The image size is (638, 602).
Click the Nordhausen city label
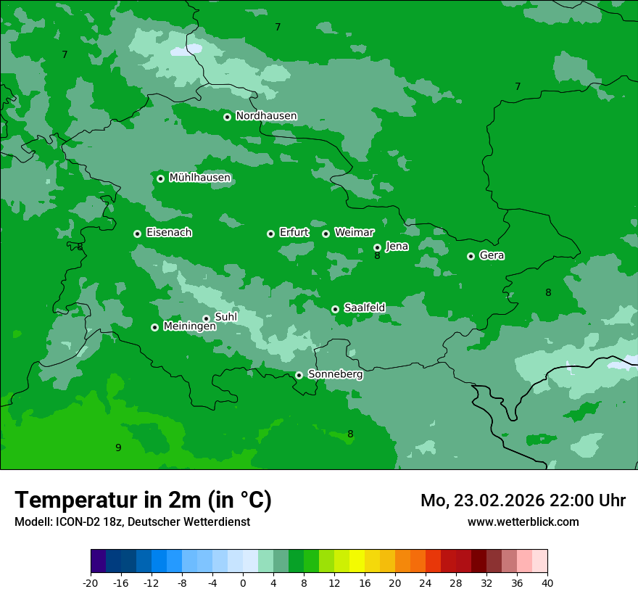click(266, 116)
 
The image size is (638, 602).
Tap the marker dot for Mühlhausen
click(160, 178)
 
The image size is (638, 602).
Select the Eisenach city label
click(169, 233)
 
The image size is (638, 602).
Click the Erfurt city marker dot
click(270, 234)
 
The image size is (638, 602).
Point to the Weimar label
click(354, 233)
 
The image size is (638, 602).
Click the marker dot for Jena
click(377, 247)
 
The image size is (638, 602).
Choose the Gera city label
click(492, 255)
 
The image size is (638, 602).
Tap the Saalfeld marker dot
click(335, 309)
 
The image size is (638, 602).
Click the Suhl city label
click(225, 317)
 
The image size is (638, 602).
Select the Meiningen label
click(189, 326)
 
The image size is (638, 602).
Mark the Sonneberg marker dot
click(299, 375)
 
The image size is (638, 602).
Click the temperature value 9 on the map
click(118, 448)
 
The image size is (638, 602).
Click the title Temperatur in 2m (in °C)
click(143, 500)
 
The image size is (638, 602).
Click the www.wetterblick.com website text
click(523, 521)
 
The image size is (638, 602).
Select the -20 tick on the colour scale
click(91, 582)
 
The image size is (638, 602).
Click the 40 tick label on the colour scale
click(547, 582)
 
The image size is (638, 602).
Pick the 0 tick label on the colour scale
click(243, 582)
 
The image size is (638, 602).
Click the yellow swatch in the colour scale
click(357, 561)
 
